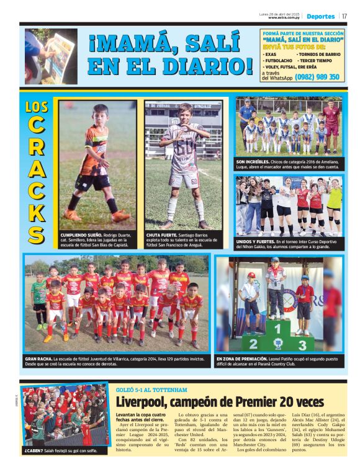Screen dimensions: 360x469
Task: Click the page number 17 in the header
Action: click(344, 16)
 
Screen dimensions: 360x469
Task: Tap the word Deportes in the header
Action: click(321, 16)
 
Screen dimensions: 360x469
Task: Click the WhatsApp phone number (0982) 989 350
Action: click(317, 77)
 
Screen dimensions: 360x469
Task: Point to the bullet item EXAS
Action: click(271, 54)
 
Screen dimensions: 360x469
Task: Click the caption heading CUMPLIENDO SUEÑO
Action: click(79, 235)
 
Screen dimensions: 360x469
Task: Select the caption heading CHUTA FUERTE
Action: click(161, 235)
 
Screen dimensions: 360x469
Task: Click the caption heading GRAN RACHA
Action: click(38, 359)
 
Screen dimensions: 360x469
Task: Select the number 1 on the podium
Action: click(278, 329)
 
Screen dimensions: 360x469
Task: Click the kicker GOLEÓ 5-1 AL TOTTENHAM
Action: click(151, 390)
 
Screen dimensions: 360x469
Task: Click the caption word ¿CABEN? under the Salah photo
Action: click(34, 449)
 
